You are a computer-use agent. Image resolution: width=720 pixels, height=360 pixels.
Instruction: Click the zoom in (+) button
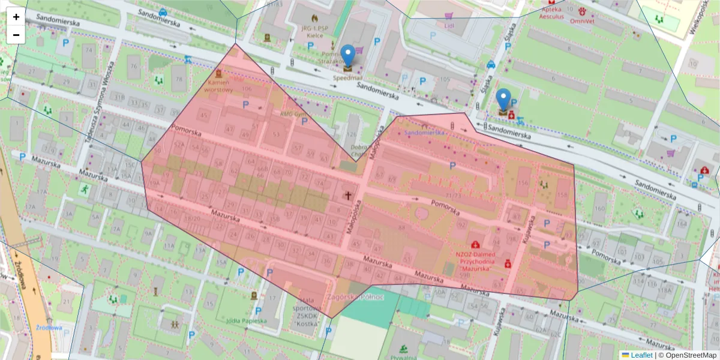tap(16, 17)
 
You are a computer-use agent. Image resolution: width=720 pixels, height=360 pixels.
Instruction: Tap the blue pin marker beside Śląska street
tap(503, 100)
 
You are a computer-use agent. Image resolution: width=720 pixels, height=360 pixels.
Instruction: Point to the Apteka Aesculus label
tap(555, 14)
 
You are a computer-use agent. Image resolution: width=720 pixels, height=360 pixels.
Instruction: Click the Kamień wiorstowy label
tap(218, 86)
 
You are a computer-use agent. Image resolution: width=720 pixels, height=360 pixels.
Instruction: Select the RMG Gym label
tap(293, 113)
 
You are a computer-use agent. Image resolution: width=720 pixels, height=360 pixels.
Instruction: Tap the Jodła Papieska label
tap(246, 320)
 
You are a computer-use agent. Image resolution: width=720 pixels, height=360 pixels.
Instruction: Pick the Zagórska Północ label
tap(355, 296)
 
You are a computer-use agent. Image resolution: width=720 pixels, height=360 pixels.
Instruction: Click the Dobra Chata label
tap(359, 150)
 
